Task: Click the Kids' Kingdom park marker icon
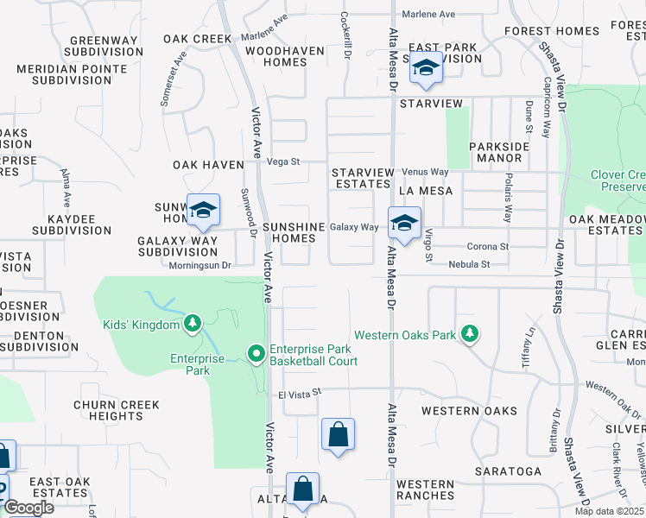tap(193, 324)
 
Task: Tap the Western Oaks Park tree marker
tap(469, 333)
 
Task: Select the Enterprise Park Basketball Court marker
tap(256, 354)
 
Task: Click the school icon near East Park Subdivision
tap(425, 68)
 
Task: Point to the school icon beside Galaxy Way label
tap(403, 223)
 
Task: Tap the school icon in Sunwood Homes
tap(203, 210)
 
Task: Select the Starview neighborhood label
tap(432, 104)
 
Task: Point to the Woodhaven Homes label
tap(284, 56)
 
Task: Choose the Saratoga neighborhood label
tap(509, 471)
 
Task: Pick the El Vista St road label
tap(299, 392)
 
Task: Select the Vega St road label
tap(282, 161)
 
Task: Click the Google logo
tap(28, 508)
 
